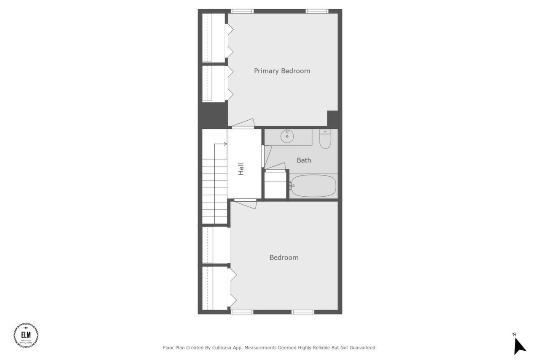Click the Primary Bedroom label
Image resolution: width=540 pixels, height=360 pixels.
tap(282, 71)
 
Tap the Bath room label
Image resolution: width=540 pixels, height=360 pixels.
tap(304, 160)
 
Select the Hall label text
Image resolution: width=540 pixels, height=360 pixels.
tap(241, 169)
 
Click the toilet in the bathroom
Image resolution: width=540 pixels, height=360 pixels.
tap(325, 139)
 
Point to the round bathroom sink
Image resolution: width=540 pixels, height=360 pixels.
tap(287, 136)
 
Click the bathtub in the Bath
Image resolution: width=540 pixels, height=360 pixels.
tap(314, 186)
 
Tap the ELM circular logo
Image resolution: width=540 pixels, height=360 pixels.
tap(26, 336)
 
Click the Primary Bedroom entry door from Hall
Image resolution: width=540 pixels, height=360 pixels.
tap(243, 123)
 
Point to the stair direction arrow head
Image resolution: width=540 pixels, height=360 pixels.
tap(225, 144)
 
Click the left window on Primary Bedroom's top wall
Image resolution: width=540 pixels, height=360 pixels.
tap(242, 11)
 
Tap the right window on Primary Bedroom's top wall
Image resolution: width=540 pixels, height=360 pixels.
tap(317, 11)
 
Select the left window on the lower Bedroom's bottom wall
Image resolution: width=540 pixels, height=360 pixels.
tap(242, 312)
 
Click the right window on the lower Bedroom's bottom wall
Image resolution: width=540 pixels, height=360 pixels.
tap(303, 312)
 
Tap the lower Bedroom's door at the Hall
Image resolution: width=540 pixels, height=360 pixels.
tap(246, 203)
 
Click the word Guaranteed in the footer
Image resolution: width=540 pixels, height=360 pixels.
tap(361, 348)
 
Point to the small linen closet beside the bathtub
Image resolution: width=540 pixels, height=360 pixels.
tap(276, 184)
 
